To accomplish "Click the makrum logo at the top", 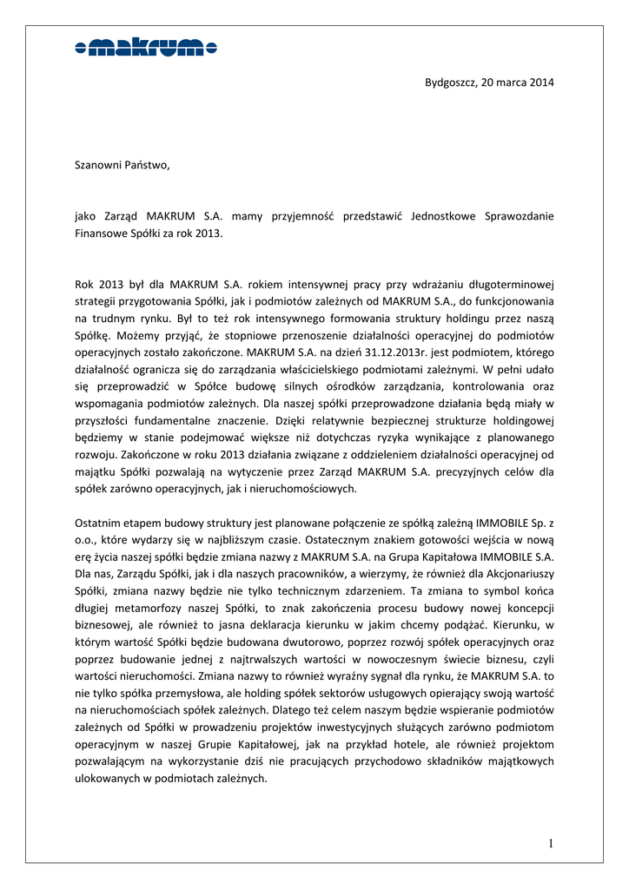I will [x=145, y=49].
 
